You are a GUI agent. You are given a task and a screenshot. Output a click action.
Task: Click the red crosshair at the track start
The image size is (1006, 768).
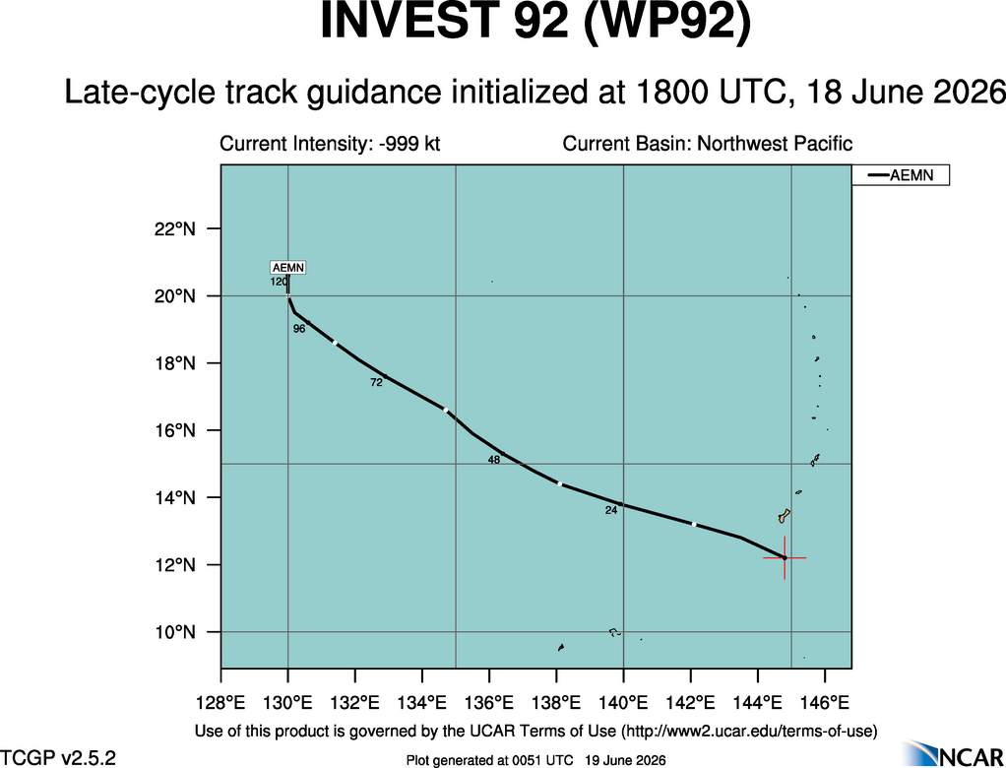(784, 558)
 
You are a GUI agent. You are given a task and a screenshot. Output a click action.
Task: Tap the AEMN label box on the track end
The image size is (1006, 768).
(288, 268)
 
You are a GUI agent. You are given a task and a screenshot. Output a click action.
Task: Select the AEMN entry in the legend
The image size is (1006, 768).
(900, 175)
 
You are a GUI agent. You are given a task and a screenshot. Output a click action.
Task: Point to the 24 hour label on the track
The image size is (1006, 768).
(610, 511)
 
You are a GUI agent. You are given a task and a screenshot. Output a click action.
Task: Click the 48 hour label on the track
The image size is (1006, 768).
(494, 460)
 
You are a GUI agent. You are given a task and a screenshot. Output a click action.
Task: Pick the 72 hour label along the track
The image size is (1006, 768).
(377, 382)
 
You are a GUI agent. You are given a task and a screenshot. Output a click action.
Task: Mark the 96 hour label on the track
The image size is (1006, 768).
(299, 329)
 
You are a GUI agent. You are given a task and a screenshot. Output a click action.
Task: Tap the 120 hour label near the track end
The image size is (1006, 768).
(279, 282)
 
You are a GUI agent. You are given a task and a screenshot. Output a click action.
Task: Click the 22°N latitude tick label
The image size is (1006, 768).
(174, 229)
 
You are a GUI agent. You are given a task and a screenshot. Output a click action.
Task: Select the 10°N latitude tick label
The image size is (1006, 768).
(174, 633)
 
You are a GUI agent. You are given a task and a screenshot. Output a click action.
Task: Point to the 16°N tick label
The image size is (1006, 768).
(174, 430)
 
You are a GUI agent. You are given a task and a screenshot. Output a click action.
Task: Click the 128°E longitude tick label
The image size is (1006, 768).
(220, 703)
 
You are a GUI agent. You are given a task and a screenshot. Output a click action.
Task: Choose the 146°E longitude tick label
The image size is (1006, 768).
(825, 703)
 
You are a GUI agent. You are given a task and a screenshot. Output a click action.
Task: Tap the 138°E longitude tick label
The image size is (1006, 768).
(556, 703)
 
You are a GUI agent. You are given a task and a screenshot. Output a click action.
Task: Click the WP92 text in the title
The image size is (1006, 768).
(665, 23)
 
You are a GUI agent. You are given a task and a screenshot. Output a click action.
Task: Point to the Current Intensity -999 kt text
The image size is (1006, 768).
(330, 143)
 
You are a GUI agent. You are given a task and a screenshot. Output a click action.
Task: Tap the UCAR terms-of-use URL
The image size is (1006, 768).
(748, 731)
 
